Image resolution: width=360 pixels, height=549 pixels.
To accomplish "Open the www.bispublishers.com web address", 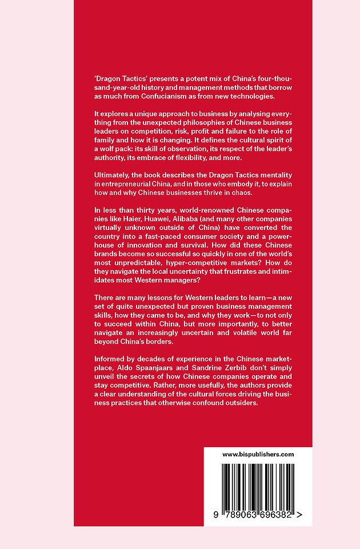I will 258,455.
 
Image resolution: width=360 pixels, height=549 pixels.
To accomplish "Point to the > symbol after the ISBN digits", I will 299,515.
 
